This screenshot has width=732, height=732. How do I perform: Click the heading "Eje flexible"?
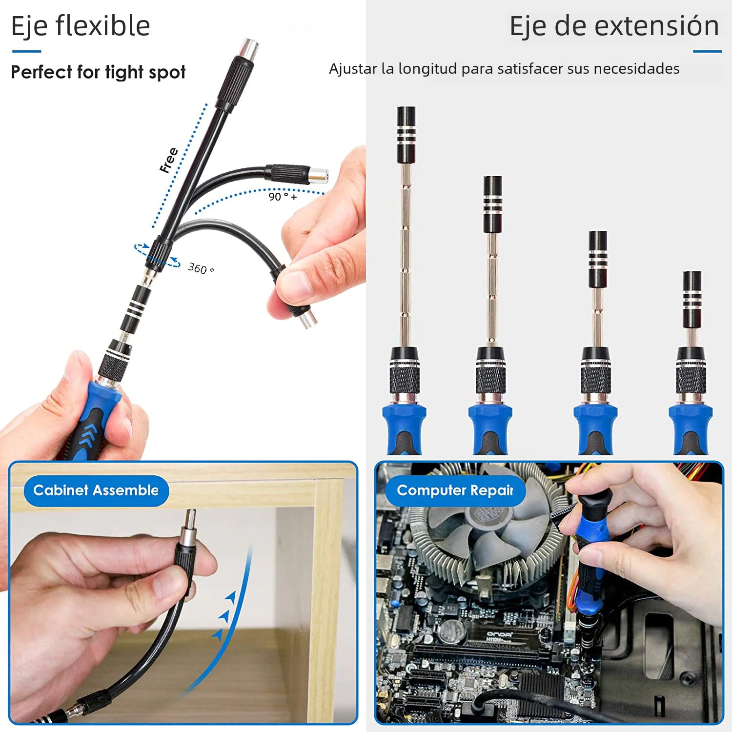[x=81, y=26]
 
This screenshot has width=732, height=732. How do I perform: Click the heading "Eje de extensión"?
[x=614, y=26]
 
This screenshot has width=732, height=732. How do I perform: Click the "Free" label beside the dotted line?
[x=169, y=160]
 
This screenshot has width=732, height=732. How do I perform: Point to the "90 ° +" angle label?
[x=283, y=197]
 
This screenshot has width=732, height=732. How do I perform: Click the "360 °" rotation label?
[x=201, y=268]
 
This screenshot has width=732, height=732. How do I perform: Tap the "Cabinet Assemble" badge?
[x=96, y=490]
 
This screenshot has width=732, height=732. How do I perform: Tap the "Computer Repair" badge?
[x=455, y=490]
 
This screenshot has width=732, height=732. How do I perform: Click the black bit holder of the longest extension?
[x=406, y=134]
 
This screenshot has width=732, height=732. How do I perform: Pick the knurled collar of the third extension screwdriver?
[x=595, y=378]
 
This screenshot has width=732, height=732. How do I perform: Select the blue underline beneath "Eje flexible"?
[x=26, y=51]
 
